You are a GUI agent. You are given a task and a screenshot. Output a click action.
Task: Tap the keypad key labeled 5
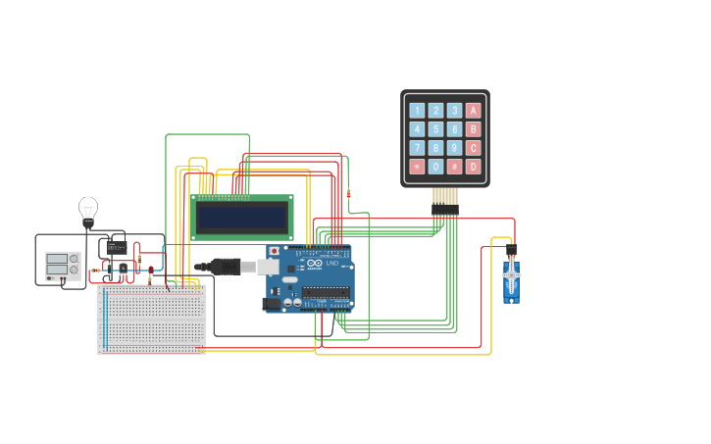point(435,129)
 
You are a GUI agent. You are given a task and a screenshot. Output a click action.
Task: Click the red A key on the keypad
point(474,111)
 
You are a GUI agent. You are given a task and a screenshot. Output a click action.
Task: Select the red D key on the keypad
point(474,167)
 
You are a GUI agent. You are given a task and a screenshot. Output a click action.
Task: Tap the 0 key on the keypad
point(435,167)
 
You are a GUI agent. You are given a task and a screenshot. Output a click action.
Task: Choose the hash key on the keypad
point(454,167)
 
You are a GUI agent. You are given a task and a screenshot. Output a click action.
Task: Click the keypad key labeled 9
point(454,148)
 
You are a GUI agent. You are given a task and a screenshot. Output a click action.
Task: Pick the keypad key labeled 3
point(454,111)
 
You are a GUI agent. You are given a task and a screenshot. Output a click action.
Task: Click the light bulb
point(88,209)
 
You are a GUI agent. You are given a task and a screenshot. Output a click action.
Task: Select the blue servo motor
point(511,280)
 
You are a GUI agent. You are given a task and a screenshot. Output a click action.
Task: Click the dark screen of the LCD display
point(241,218)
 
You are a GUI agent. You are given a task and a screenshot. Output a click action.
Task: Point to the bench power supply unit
point(63,266)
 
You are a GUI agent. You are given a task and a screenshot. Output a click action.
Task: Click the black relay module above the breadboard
point(117,248)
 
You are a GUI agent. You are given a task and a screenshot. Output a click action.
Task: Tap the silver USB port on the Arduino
point(268,266)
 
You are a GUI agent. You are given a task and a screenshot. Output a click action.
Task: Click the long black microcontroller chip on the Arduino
point(326,291)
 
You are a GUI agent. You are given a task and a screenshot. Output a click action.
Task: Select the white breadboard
point(152,319)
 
